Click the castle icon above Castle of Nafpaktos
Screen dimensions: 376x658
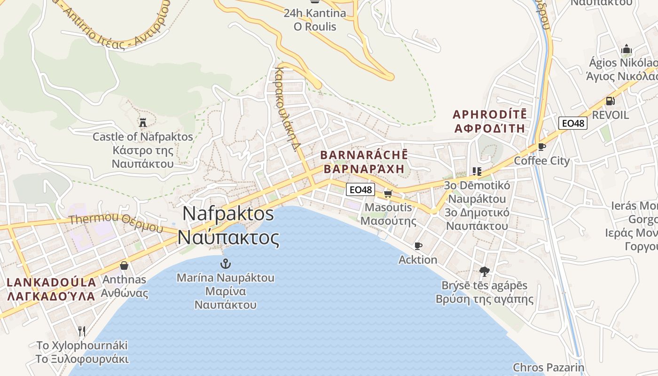143,123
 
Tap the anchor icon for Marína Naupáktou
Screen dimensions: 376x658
226,263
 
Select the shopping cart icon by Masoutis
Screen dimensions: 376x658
388,194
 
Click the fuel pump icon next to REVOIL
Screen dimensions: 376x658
610,101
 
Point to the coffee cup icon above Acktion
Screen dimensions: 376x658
418,246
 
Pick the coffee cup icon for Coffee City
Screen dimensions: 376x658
542,147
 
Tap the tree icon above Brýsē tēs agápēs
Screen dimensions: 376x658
484,271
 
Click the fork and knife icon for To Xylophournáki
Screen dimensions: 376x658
82,331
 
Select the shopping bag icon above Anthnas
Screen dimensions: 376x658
124,266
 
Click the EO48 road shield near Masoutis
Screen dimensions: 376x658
360,190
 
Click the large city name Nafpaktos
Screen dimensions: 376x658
228,213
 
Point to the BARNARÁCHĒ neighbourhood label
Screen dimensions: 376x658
364,155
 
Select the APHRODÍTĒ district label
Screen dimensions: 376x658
489,114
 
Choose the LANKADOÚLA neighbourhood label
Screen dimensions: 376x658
51,282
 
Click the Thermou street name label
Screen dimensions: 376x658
116,223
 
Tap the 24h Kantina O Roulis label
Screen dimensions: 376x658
314,19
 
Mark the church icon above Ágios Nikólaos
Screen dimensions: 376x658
626,49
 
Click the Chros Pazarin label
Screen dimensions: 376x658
548,368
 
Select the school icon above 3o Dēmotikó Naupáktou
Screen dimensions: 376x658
477,172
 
